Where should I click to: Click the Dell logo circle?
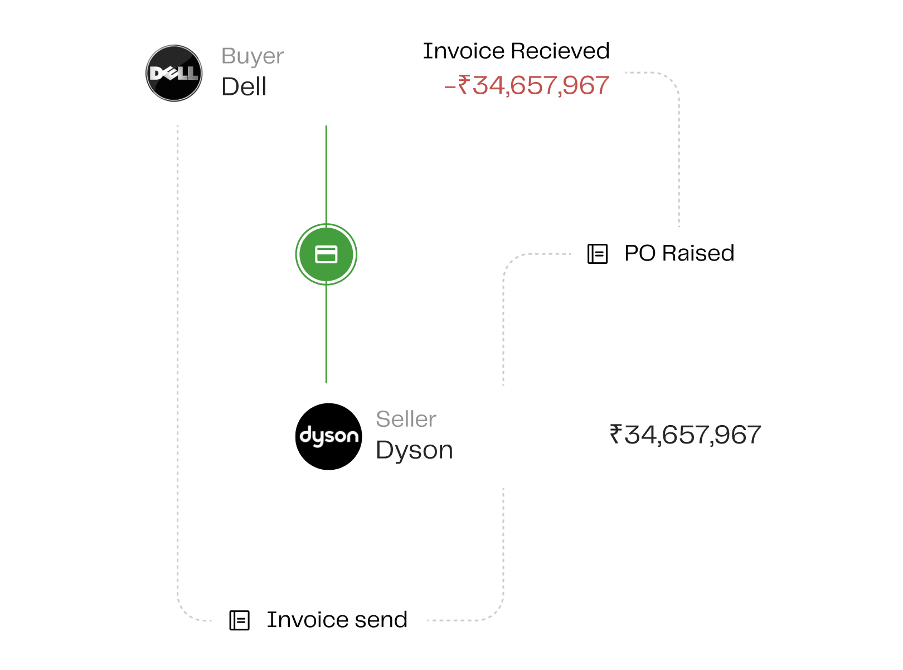174,73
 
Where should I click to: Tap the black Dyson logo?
328,436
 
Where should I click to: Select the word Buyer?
252,56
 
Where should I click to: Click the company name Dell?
244,86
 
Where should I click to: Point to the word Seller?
406,419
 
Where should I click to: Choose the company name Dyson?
414,451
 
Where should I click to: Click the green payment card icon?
326,254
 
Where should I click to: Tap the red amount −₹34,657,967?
526,85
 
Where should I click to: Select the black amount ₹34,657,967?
685,435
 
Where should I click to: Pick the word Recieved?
560,51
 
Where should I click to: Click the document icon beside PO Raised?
597,254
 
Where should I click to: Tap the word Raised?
698,253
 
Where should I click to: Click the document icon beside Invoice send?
239,620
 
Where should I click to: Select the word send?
381,620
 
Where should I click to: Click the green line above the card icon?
326,175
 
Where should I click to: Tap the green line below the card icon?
326,334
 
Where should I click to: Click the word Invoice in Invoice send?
308,620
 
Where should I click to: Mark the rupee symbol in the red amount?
464,84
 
